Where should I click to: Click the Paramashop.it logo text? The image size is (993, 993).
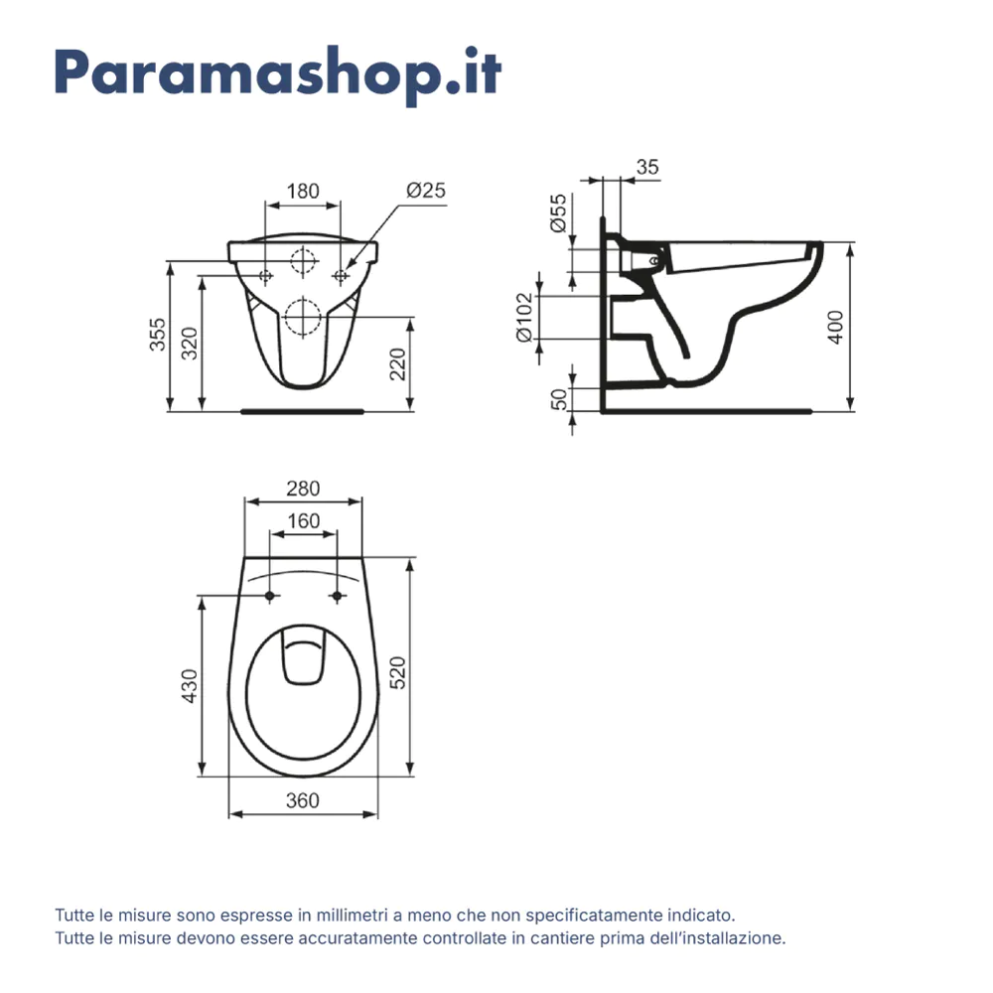pyautogui.click(x=277, y=71)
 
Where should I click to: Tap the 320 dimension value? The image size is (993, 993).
pyautogui.click(x=191, y=343)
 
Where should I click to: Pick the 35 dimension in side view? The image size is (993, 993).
pyautogui.click(x=646, y=168)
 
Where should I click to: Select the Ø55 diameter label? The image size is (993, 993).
pyautogui.click(x=560, y=213)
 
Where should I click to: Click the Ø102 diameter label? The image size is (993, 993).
pyautogui.click(x=526, y=317)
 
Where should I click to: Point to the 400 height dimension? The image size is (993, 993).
pyautogui.click(x=835, y=327)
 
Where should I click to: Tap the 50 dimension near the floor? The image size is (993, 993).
pyautogui.click(x=560, y=399)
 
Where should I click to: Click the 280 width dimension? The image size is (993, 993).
pyautogui.click(x=303, y=488)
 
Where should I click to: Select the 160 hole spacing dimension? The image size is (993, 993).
pyautogui.click(x=303, y=520)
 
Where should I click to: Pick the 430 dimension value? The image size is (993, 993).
pyautogui.click(x=191, y=686)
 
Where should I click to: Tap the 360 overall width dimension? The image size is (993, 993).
pyautogui.click(x=302, y=800)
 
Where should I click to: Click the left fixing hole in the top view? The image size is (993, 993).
pyautogui.click(x=269, y=596)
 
